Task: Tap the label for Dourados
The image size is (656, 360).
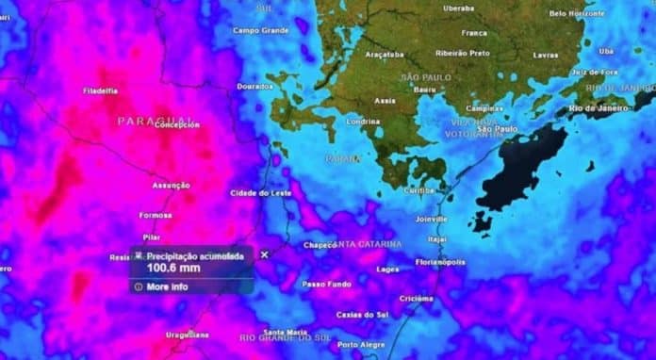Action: pyautogui.click(x=255, y=86)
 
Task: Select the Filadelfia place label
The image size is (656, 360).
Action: pyautogui.click(x=100, y=91)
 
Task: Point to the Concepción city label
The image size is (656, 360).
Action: pyautogui.click(x=176, y=124)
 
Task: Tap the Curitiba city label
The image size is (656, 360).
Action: pyautogui.click(x=418, y=190)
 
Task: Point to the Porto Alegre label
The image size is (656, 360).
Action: pyautogui.click(x=361, y=344)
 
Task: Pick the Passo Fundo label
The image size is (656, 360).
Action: pyautogui.click(x=326, y=284)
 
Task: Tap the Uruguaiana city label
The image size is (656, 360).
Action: pyautogui.click(x=188, y=335)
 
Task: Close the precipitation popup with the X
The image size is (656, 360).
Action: pyautogui.click(x=264, y=254)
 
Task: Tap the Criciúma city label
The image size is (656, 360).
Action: pyautogui.click(x=417, y=298)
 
